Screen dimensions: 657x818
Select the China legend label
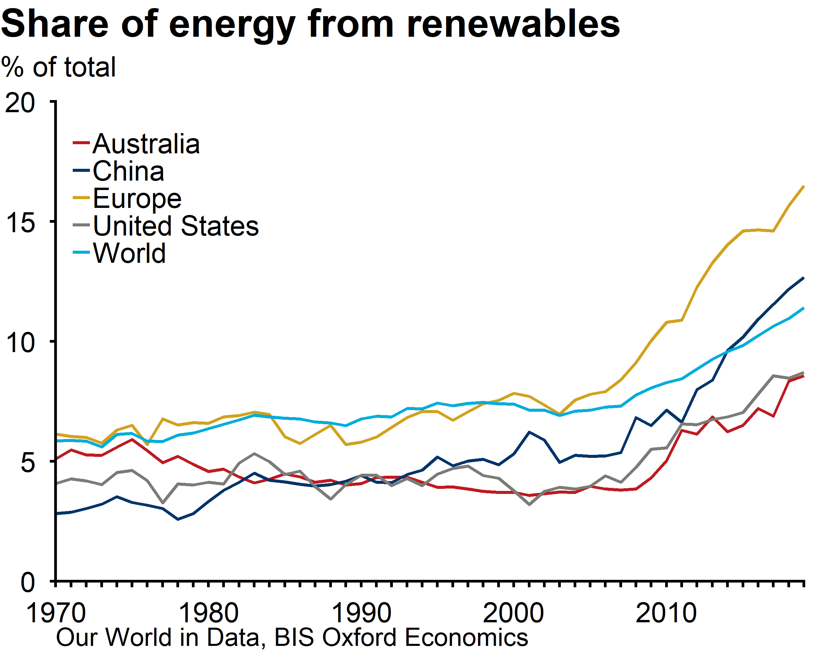pyautogui.click(x=128, y=171)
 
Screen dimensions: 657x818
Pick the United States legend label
pyautogui.click(x=176, y=226)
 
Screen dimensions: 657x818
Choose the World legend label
pyautogui.click(x=129, y=253)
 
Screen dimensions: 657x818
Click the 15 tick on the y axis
pyautogui.click(x=21, y=223)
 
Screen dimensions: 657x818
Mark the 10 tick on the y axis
pyautogui.click(x=21, y=343)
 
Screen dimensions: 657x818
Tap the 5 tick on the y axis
pyautogui.click(x=28, y=463)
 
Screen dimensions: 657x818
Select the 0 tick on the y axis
pyautogui.click(x=28, y=582)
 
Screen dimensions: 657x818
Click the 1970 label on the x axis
pyautogui.click(x=56, y=613)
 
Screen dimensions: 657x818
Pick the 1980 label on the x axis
pyautogui.click(x=209, y=613)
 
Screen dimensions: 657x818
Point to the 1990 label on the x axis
pyautogui.click(x=361, y=613)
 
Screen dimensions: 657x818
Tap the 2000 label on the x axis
pyautogui.click(x=514, y=613)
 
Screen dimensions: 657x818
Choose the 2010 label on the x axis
pyautogui.click(x=666, y=613)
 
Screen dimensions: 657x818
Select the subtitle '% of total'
pyautogui.click(x=59, y=67)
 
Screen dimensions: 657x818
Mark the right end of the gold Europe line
pyautogui.click(x=803, y=187)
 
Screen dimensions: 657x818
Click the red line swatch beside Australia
pyautogui.click(x=81, y=143)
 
